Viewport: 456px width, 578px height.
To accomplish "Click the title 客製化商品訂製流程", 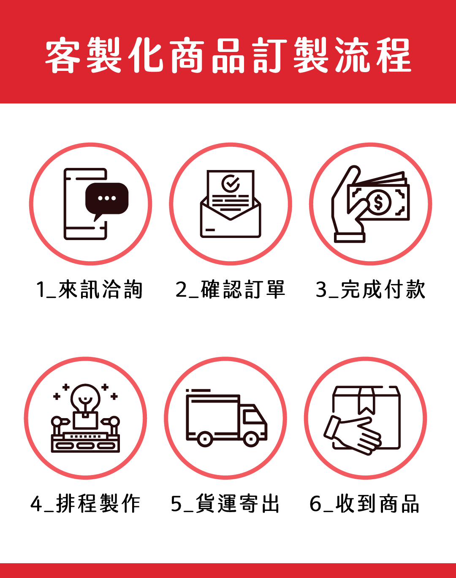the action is [228, 55].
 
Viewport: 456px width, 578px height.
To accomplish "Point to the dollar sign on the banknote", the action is [378, 202].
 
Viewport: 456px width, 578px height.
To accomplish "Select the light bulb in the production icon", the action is [85, 398].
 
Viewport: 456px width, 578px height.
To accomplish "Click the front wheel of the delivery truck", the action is [251, 439].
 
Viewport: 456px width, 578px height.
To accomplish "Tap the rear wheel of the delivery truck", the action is [205, 439].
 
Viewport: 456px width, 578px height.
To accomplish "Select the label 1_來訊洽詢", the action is [89, 290].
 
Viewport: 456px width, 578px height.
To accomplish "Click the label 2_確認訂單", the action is [230, 289].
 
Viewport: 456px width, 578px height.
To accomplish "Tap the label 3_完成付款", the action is [371, 289].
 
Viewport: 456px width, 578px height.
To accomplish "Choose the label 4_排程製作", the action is [85, 503].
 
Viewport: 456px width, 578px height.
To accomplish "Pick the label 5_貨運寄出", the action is [225, 503].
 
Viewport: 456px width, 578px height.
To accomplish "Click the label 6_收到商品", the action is [364, 503].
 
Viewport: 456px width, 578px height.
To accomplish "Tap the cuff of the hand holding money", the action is [350, 238].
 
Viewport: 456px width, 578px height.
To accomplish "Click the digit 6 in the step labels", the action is [316, 504].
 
